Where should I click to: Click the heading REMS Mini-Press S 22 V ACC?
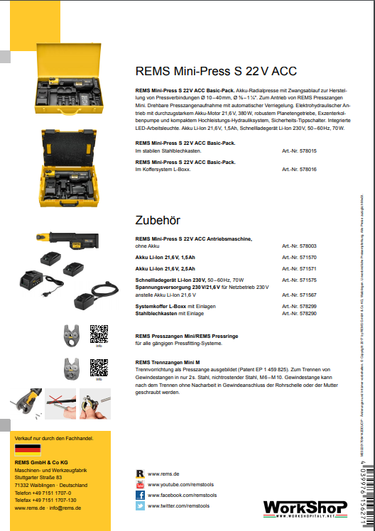(x=216, y=71)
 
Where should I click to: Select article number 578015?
(x=299, y=150)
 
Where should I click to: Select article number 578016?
(x=299, y=170)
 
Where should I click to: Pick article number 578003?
(x=299, y=246)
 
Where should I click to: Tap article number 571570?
(x=299, y=257)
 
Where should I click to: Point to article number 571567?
(x=299, y=294)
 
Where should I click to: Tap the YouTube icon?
(x=141, y=484)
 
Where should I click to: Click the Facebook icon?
(x=141, y=495)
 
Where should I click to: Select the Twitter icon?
(x=141, y=506)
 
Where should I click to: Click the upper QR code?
(x=99, y=334)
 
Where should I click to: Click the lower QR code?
(x=99, y=367)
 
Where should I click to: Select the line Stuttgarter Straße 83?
(x=43, y=477)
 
